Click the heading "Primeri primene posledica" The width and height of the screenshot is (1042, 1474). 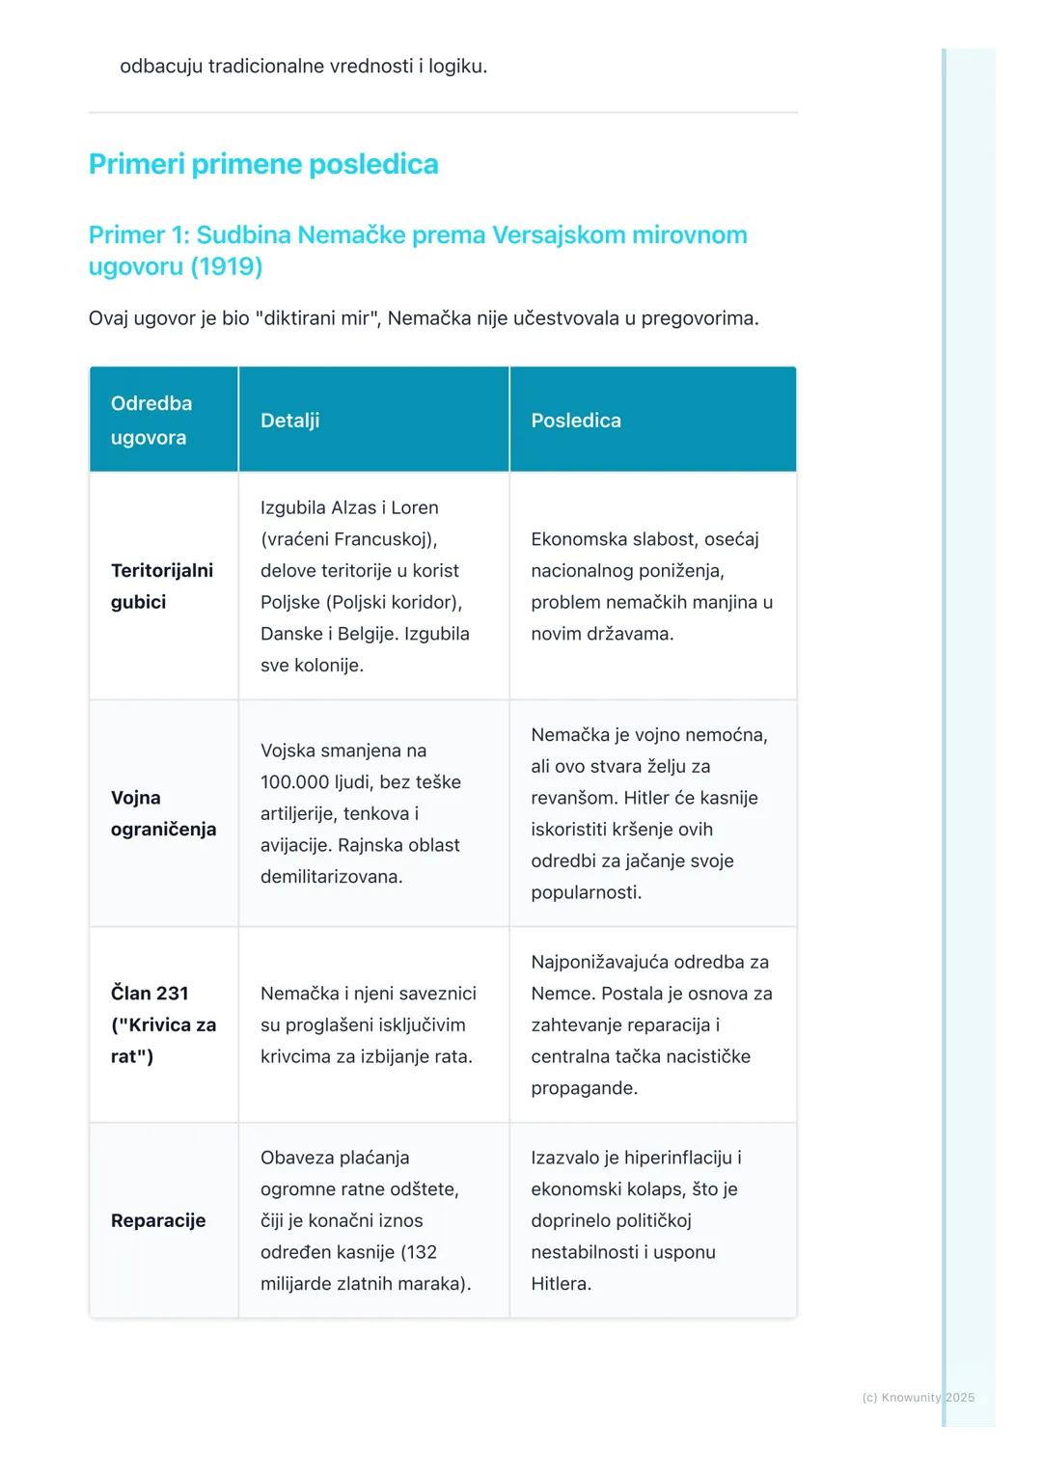[263, 164]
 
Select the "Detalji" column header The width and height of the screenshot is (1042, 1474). [289, 421]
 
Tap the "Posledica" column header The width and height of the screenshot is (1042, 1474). [576, 421]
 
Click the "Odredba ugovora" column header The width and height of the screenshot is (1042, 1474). [151, 421]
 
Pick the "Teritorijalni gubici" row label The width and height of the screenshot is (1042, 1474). [161, 586]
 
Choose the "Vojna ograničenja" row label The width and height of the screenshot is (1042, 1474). [163, 813]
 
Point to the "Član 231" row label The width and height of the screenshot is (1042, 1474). [150, 994]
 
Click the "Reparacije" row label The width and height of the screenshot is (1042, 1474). [158, 1220]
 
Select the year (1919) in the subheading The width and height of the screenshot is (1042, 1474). [226, 266]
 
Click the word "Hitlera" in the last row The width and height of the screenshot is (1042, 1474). [560, 1284]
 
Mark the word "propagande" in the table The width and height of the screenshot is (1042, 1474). [583, 1088]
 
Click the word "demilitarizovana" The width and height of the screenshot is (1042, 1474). [330, 877]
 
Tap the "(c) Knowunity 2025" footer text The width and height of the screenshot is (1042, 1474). [918, 1398]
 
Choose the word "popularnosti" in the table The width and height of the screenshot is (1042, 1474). [585, 892]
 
